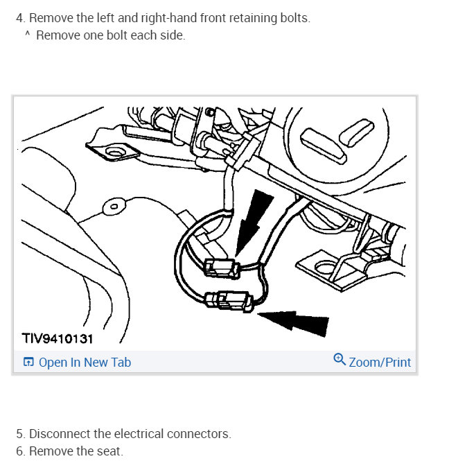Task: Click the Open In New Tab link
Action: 85,363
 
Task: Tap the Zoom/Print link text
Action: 380,363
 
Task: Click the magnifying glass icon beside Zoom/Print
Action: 340,359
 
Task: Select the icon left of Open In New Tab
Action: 28,362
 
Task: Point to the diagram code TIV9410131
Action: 58,339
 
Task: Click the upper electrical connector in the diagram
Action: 222,268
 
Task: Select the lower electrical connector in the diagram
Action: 230,301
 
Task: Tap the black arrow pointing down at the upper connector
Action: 252,222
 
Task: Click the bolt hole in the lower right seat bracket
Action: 325,268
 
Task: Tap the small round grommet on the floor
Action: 114,206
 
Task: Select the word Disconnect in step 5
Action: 60,434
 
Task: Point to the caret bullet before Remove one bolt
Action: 27,33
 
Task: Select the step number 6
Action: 21,451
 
